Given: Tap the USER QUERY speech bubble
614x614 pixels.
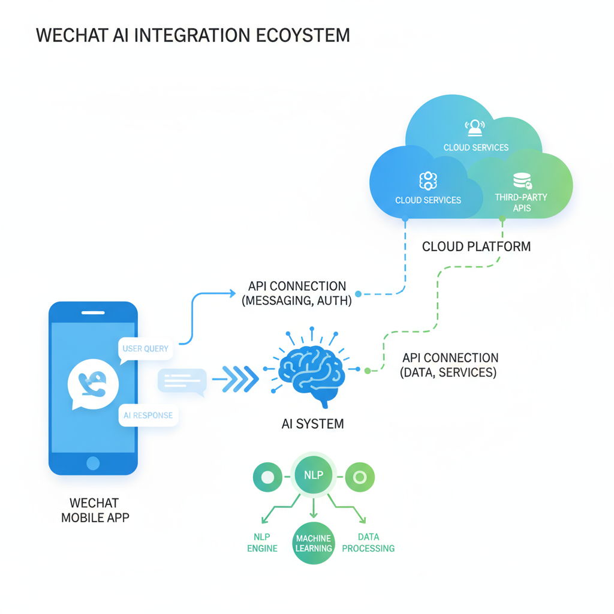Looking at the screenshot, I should pyautogui.click(x=145, y=348).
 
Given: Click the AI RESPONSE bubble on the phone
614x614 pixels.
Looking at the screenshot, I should pyautogui.click(x=148, y=415).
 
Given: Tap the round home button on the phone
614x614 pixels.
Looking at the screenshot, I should pyautogui.click(x=93, y=463).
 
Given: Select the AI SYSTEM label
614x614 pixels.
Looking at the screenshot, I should pyautogui.click(x=312, y=424).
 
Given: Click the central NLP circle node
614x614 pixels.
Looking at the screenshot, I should pyautogui.click(x=314, y=475).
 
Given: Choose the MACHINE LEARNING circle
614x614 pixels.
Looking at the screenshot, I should pyautogui.click(x=314, y=543).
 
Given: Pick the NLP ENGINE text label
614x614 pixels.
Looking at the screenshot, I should pyautogui.click(x=263, y=543).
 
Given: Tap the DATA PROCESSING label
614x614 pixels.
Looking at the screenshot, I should pyautogui.click(x=368, y=543).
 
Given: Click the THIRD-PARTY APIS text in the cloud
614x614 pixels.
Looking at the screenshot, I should pyautogui.click(x=521, y=203).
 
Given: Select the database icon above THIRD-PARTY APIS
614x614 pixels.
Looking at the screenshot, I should pyautogui.click(x=522, y=180).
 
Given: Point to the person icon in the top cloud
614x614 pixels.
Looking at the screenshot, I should pyautogui.click(x=475, y=127).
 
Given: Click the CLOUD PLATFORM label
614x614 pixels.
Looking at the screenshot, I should pyautogui.click(x=476, y=246).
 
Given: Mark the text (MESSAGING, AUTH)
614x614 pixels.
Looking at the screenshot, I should pyautogui.click(x=297, y=301).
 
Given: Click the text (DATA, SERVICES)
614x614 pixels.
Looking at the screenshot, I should pyautogui.click(x=448, y=372).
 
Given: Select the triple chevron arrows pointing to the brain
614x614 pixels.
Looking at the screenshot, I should pyautogui.click(x=236, y=380).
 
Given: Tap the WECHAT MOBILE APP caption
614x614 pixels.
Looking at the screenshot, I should pyautogui.click(x=95, y=510).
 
